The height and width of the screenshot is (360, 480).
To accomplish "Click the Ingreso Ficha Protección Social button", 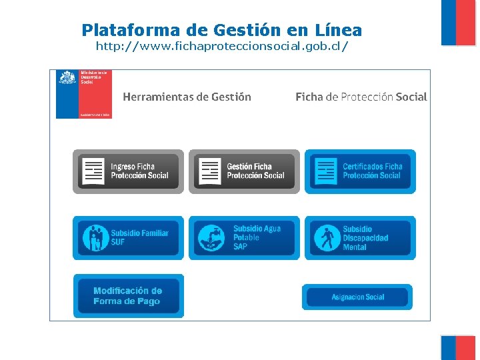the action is pos(128,171).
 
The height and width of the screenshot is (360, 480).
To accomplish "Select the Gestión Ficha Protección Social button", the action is pos(244,171).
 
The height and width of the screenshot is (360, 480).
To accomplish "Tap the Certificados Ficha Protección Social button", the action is pos(360,171).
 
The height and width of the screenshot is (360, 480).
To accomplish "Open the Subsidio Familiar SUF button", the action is pos(128,237).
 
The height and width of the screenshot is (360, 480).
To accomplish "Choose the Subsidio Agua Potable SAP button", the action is pos(244,237).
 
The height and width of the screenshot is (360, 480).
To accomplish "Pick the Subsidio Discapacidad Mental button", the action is pos(360,237).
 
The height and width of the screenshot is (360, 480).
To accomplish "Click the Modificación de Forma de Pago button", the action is pos(128,296).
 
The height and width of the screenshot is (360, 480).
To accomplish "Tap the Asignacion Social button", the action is pos(358,297).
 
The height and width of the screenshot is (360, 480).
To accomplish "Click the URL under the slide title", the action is pos(222,47).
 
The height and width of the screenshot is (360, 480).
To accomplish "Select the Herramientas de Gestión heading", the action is pos(187,97).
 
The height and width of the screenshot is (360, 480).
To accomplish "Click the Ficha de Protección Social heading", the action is pos(361,97).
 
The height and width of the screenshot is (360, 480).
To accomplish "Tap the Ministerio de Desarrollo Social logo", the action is pos(84,94).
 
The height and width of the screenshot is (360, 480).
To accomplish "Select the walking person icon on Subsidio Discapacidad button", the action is pos(327,238).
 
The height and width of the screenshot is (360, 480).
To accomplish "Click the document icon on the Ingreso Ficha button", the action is pos(93,171).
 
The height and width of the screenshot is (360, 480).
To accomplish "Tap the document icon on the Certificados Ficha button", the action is pos(326,171).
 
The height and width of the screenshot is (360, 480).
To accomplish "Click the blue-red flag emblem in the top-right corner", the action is pos(458,22).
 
